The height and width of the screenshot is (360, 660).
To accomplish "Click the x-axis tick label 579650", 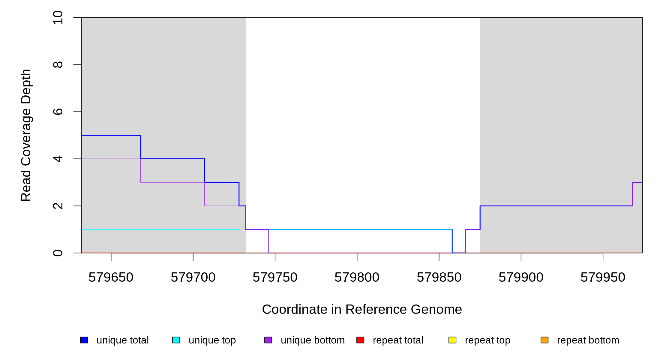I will click(x=111, y=277).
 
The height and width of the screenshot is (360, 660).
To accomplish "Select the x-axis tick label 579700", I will click(x=193, y=277).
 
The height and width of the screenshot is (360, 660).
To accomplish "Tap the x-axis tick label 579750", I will click(x=275, y=277).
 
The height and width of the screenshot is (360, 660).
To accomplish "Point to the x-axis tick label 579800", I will click(x=357, y=277).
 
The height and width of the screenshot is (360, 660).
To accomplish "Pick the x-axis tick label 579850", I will click(x=439, y=277).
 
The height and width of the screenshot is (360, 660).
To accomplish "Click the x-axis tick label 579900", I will click(x=521, y=277).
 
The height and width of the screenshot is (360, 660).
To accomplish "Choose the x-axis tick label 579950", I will click(x=603, y=277).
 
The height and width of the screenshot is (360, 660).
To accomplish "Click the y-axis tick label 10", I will click(x=58, y=17).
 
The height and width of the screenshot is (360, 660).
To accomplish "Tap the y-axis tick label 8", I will click(x=58, y=64).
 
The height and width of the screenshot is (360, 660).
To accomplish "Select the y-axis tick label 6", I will click(x=58, y=112).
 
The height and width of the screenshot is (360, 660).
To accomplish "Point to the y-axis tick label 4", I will click(x=58, y=159).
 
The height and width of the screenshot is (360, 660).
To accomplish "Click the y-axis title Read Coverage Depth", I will click(x=26, y=135).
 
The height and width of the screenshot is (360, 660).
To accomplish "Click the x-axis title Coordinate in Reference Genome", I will click(x=362, y=309).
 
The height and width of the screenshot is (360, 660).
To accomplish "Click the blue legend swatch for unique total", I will click(x=84, y=340).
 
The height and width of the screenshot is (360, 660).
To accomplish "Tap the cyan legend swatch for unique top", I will click(x=176, y=340).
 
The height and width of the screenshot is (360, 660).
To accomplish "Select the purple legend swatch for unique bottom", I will click(x=268, y=340).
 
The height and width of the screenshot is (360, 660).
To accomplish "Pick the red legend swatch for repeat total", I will click(x=360, y=340).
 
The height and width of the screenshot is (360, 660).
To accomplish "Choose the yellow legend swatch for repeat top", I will click(x=452, y=340).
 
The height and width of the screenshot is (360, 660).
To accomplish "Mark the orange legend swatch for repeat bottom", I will click(x=544, y=340).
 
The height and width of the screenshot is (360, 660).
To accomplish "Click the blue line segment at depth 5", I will click(x=111, y=135).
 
